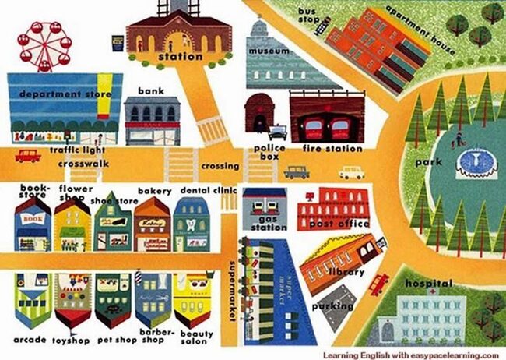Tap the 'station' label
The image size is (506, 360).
[180, 57]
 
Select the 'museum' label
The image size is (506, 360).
[269, 51]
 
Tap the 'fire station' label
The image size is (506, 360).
[333, 148]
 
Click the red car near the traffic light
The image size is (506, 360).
[27, 156]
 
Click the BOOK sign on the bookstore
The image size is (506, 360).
[32, 221]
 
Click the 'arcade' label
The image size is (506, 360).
[29, 341]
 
